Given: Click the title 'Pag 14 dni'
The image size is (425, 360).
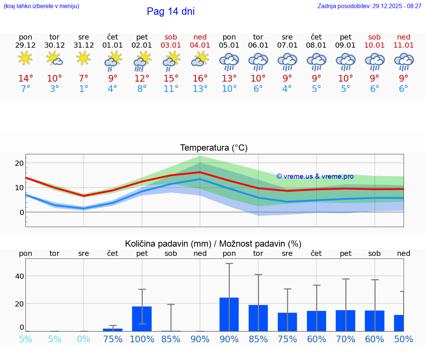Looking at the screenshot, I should tap(170, 11).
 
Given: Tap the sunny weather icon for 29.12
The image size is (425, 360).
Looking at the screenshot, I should tap(25, 58).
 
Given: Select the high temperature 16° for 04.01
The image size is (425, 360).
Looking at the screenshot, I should tap(200, 79).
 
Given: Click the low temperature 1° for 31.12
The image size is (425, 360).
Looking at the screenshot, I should tap(84, 89).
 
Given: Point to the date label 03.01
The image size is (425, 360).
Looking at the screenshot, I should tap(171, 45).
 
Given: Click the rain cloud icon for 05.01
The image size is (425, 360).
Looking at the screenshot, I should tap(229, 62).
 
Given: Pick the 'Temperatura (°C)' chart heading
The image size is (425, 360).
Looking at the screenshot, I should tap(214, 148).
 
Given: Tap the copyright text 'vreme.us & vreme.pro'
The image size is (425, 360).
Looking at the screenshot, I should tap(315, 176).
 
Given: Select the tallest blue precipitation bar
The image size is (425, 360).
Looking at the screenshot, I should tap(229, 314).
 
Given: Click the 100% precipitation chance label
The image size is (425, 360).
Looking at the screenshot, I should tap(142, 339).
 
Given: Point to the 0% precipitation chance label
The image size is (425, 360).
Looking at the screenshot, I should tap(84, 339).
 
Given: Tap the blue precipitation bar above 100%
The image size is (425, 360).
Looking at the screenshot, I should tap(142, 319).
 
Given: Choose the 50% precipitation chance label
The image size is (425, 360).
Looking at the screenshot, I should tap(404, 339).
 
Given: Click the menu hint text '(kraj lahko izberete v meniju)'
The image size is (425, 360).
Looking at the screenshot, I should tap(41, 6).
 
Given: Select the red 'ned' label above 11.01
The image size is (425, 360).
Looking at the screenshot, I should tap(404, 37).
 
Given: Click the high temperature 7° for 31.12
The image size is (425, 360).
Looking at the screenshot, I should tap(84, 79).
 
